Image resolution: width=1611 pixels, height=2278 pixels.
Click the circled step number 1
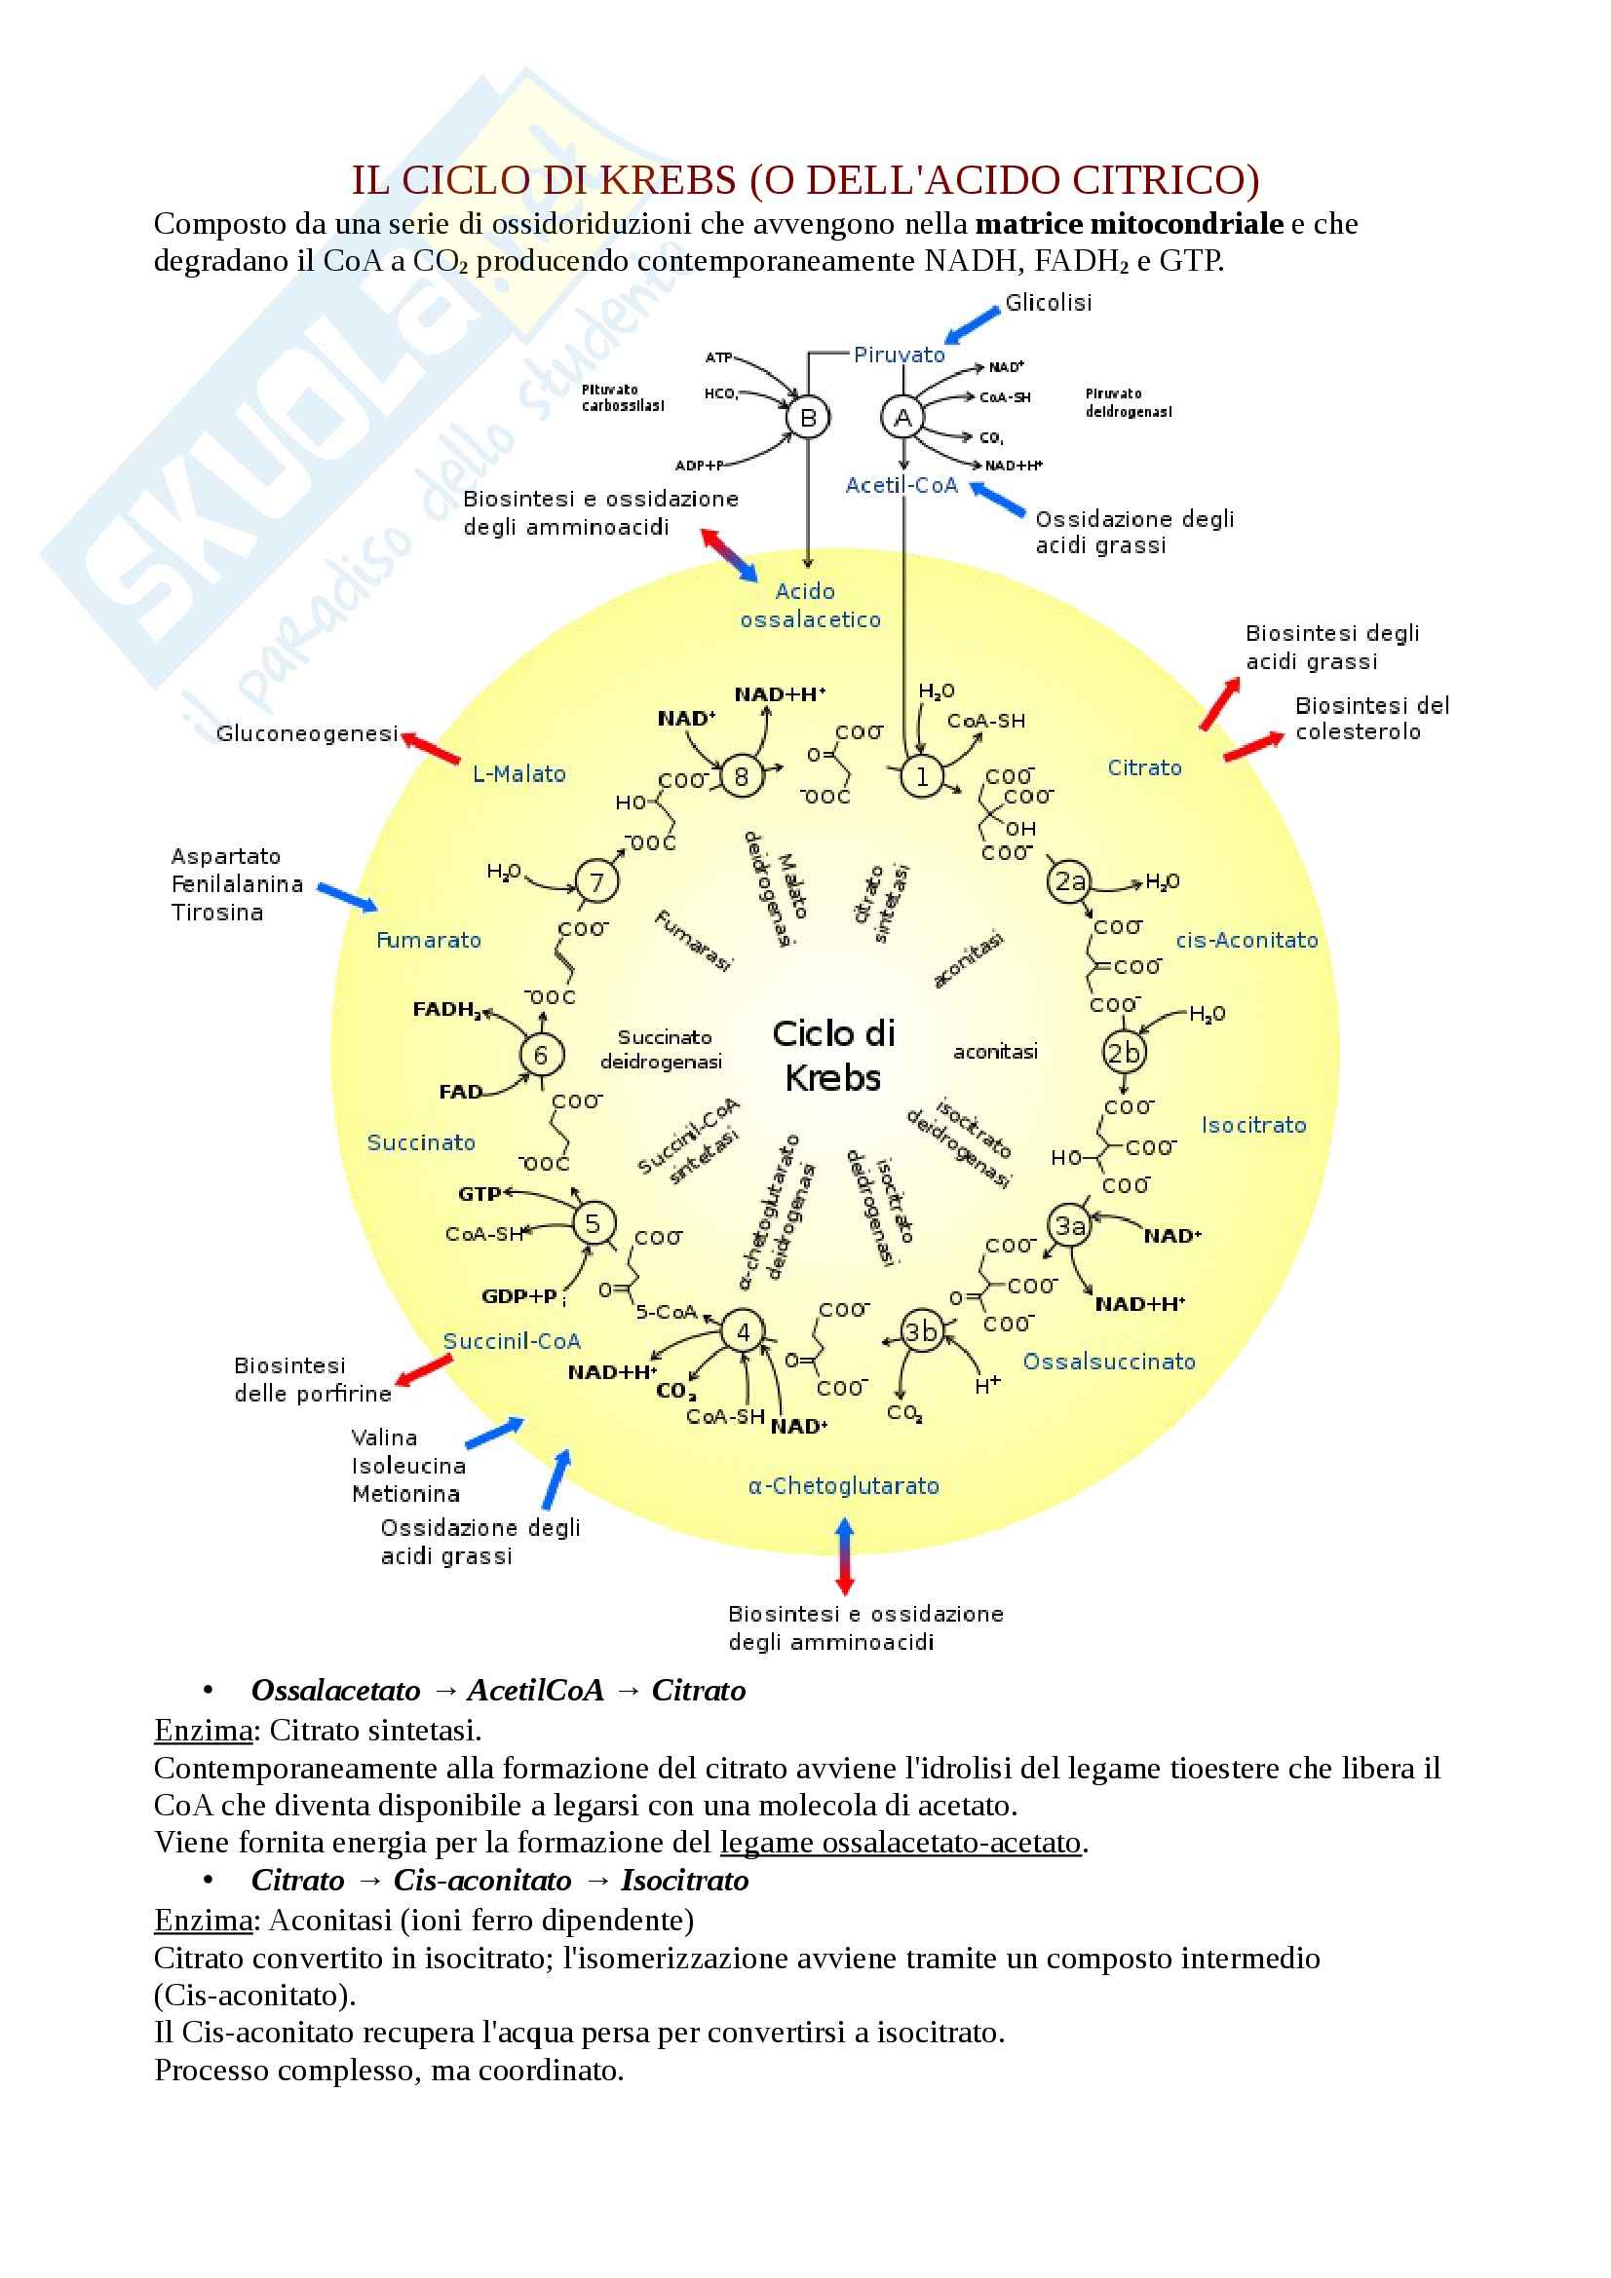pos(921,776)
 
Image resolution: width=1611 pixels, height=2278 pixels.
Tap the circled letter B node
pos(808,418)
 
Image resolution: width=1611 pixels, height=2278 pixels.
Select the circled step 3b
pos(920,1330)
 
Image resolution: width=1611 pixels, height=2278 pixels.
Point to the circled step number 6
pos(541,1055)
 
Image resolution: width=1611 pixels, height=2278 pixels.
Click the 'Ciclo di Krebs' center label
pos(834,1055)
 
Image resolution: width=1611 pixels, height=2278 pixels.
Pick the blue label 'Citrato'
pos(1144,766)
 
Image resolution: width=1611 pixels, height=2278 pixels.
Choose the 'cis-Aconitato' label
pos(1247,940)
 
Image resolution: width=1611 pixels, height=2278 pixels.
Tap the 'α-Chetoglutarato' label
pos(844,1485)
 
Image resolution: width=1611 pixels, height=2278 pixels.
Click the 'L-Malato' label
pos(519,774)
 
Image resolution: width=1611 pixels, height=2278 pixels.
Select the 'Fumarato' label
pos(429,940)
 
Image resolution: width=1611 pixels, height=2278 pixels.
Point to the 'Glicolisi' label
pos(1049,303)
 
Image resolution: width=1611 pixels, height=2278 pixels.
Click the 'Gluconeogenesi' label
pos(307,733)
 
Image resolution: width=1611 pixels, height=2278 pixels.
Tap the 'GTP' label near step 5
pos(479,1194)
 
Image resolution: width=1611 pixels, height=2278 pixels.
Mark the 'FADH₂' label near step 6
pos(446,1009)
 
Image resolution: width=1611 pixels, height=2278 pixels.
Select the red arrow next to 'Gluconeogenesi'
pos(431,747)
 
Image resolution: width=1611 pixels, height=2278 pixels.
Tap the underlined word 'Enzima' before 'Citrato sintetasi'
pos(204,1731)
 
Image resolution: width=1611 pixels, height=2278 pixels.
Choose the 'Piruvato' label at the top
pos(900,355)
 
